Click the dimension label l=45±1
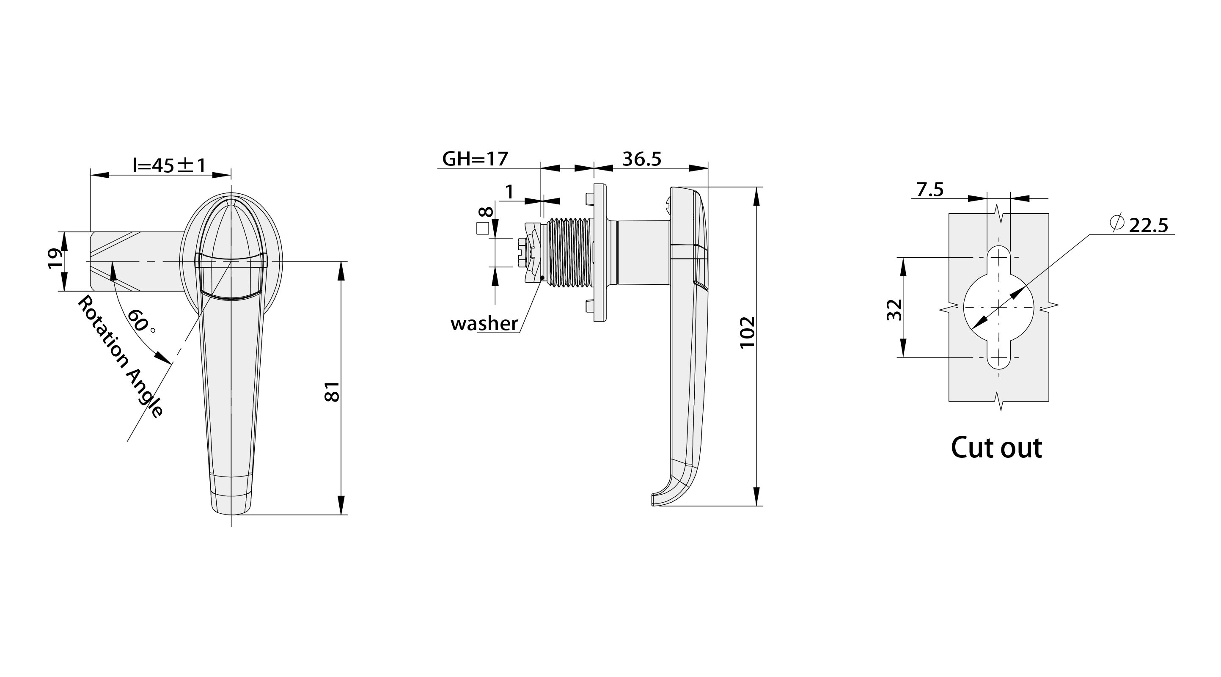pyautogui.click(x=169, y=165)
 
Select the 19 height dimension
pyautogui.click(x=55, y=259)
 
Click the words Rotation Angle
pyautogui.click(x=121, y=356)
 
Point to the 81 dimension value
pyautogui.click(x=332, y=391)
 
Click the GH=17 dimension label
pyautogui.click(x=475, y=159)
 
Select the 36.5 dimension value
pyautogui.click(x=641, y=159)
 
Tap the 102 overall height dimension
pyautogui.click(x=748, y=333)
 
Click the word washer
pyautogui.click(x=484, y=324)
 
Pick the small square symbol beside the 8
pyautogui.click(x=483, y=228)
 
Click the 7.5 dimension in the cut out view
pyautogui.click(x=930, y=190)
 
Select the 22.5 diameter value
pyautogui.click(x=1149, y=226)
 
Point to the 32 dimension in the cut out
pyautogui.click(x=894, y=310)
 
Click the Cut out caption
pyautogui.click(x=996, y=448)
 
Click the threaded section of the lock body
pyautogui.click(x=567, y=252)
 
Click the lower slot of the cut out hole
pyautogui.click(x=999, y=358)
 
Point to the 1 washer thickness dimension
pyautogui.click(x=509, y=192)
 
